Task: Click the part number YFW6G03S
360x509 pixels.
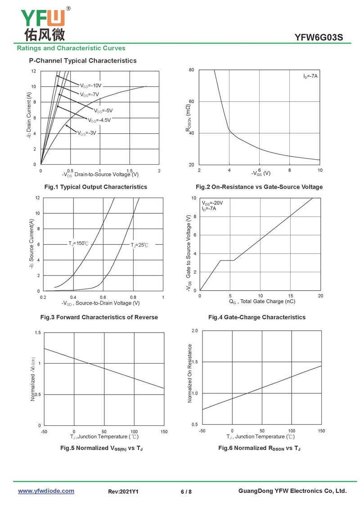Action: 319,37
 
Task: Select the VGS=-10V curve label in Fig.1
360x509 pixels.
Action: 91,86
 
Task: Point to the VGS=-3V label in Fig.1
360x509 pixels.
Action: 87,133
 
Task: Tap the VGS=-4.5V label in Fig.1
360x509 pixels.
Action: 99,120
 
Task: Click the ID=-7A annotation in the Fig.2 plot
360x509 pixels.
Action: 310,77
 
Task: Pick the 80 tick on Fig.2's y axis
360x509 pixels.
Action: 192,70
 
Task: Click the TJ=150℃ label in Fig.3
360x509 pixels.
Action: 78,243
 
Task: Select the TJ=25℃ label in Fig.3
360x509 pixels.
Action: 139,245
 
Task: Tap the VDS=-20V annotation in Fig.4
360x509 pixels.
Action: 212,203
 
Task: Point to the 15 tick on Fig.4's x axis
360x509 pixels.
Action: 290,296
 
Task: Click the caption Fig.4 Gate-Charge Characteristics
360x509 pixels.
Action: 257,317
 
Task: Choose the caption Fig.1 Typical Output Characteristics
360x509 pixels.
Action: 96,187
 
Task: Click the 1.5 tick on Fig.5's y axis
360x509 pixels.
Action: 38,333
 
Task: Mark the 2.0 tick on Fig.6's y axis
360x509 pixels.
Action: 194,331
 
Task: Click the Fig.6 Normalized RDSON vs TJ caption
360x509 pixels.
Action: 259,448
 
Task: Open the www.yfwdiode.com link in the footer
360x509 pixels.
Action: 46,491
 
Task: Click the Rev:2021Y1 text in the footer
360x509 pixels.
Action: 123,491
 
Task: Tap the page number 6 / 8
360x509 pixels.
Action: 186,491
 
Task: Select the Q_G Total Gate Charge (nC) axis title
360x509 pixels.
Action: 262,302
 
